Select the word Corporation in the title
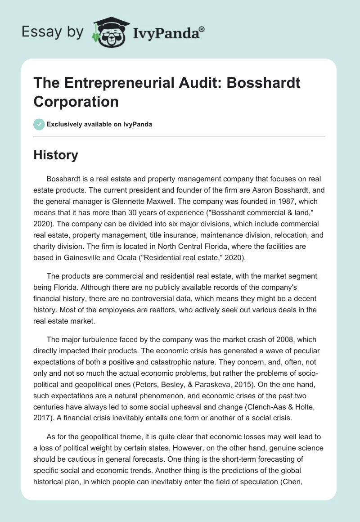(76, 101)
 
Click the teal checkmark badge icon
(39, 124)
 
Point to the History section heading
(56, 155)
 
